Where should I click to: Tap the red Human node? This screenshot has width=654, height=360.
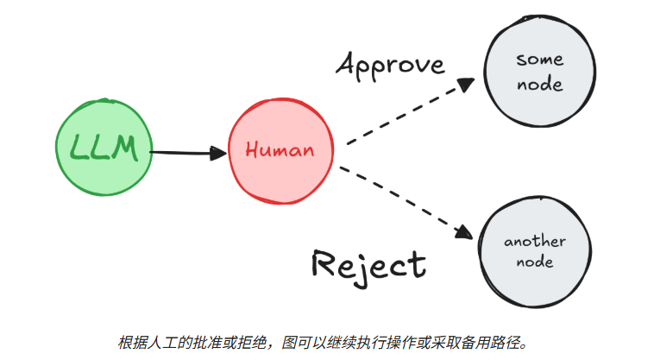click(281, 151)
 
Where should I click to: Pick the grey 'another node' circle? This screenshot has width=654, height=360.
click(535, 252)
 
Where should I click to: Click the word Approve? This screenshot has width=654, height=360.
click(391, 65)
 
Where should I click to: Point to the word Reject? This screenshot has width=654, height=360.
click(369, 263)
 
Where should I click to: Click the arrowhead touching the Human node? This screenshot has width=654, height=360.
click(217, 155)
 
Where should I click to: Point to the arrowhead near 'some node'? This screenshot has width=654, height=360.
click(466, 83)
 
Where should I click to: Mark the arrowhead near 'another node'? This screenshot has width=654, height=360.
click(465, 234)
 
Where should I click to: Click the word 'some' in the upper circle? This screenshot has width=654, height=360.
click(539, 60)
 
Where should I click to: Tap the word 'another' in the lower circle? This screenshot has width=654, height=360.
click(535, 241)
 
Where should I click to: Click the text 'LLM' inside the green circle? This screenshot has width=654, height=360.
click(104, 149)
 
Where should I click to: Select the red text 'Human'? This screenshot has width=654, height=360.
click(280, 150)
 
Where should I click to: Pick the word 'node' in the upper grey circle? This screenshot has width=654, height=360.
click(539, 85)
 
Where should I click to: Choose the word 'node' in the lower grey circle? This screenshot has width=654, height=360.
click(535, 262)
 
